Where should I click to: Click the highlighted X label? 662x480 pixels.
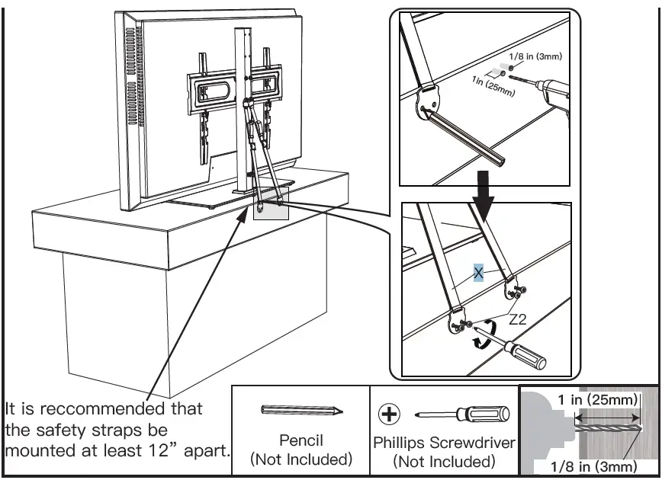pyautogui.click(x=478, y=274)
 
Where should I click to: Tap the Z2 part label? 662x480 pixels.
pyautogui.click(x=517, y=319)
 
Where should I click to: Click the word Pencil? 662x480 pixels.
pyautogui.click(x=302, y=440)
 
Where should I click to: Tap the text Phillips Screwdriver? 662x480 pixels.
pyautogui.click(x=444, y=442)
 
